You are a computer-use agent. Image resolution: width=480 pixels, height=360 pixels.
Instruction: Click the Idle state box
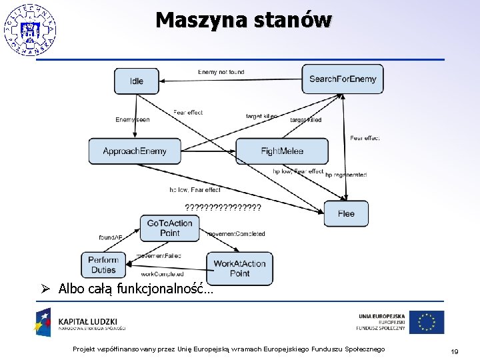[x=137, y=81]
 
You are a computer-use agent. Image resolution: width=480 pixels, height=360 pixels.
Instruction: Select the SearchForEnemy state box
[x=343, y=79]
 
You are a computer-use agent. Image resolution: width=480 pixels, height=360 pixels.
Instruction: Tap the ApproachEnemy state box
[x=135, y=151]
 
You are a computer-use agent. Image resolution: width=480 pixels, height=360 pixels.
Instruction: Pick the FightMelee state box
[x=282, y=151]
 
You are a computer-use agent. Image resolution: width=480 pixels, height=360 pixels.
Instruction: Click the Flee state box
[x=346, y=213]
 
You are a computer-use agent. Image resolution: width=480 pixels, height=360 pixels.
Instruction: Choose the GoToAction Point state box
[x=169, y=228]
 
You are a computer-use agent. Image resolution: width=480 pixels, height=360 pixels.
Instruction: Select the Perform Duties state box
[x=103, y=265]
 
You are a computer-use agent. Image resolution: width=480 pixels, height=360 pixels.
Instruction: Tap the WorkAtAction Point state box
[x=239, y=268]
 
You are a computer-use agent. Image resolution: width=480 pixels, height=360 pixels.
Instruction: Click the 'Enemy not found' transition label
[x=221, y=72]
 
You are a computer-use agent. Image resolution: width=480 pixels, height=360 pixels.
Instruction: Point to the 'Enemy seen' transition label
[x=133, y=120]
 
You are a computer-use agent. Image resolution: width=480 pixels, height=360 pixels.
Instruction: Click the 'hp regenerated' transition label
[x=346, y=175]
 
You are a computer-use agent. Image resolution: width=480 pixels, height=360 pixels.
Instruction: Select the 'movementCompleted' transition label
[x=236, y=234]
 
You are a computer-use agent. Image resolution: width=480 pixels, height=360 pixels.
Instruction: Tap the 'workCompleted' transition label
[x=162, y=274]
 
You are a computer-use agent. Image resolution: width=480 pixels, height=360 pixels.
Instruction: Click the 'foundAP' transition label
[x=110, y=237]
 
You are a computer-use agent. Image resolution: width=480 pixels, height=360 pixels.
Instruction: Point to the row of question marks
[x=223, y=207]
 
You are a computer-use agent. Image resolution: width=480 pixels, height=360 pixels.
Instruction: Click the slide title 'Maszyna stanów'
[x=243, y=20]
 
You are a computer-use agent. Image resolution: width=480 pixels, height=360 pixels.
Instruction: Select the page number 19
[x=455, y=351]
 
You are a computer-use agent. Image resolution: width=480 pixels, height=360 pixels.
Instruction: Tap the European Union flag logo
[x=427, y=322]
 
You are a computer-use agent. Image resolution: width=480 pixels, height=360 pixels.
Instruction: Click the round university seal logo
[x=29, y=29]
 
